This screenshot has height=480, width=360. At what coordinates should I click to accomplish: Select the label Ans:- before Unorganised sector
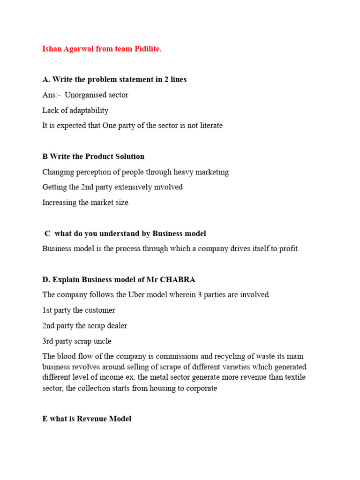click(51, 95)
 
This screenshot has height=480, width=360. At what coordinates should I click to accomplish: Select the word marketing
click(210, 172)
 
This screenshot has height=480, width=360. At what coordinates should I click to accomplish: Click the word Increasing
click(59, 202)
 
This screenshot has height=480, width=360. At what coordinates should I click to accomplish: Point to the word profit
click(288, 248)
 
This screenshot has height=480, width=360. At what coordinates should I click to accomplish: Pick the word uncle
click(102, 341)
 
